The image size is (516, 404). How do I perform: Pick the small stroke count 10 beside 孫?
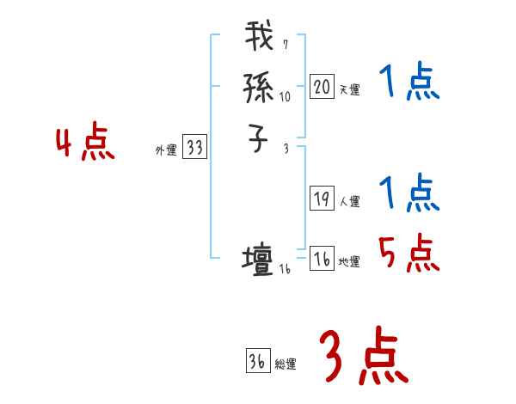pos(285,96)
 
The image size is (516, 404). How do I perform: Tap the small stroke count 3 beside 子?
pos(286,149)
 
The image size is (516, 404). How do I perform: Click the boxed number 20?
pos(322,87)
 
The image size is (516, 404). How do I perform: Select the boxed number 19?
pos(322,199)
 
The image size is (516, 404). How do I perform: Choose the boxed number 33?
pos(194,148)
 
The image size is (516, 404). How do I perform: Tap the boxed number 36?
pos(257,362)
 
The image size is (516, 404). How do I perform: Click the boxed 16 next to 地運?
pos(322,260)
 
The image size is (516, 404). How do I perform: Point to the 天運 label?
pos(349,89)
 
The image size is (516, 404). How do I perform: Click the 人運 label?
pos(349,202)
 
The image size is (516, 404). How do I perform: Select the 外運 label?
pos(165,150)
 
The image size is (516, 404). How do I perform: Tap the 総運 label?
pos(286,364)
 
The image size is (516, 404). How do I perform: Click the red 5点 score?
pos(408,253)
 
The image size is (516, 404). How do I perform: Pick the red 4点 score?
pos(86,142)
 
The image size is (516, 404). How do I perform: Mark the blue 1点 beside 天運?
pos(408,83)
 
